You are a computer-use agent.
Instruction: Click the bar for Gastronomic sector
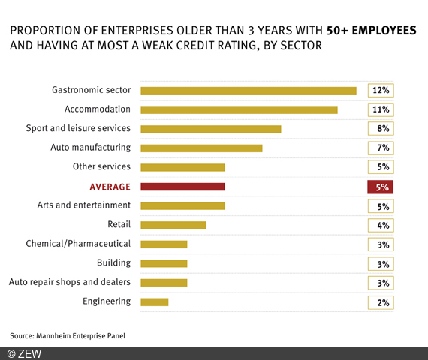[248, 91]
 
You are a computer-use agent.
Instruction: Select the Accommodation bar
[239, 109]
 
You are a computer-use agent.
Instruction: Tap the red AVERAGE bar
[182, 187]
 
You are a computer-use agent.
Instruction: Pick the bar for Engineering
[154, 301]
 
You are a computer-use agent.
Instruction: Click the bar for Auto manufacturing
[201, 148]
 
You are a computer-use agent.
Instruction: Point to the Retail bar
[173, 225]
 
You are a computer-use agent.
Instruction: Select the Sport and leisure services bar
[210, 129]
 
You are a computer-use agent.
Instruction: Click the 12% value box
[380, 91]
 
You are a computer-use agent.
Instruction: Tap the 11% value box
[380, 109]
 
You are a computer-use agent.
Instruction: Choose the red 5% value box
[380, 187]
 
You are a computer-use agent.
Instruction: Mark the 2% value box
[380, 301]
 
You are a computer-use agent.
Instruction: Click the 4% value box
[380, 225]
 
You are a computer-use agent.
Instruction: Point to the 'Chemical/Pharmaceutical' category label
[78, 244]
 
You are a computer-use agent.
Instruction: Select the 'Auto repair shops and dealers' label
[69, 282]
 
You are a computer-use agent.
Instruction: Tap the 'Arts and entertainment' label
[83, 205]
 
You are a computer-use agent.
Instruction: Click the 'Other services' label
[101, 166]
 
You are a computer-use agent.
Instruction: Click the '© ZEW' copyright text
[25, 353]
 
